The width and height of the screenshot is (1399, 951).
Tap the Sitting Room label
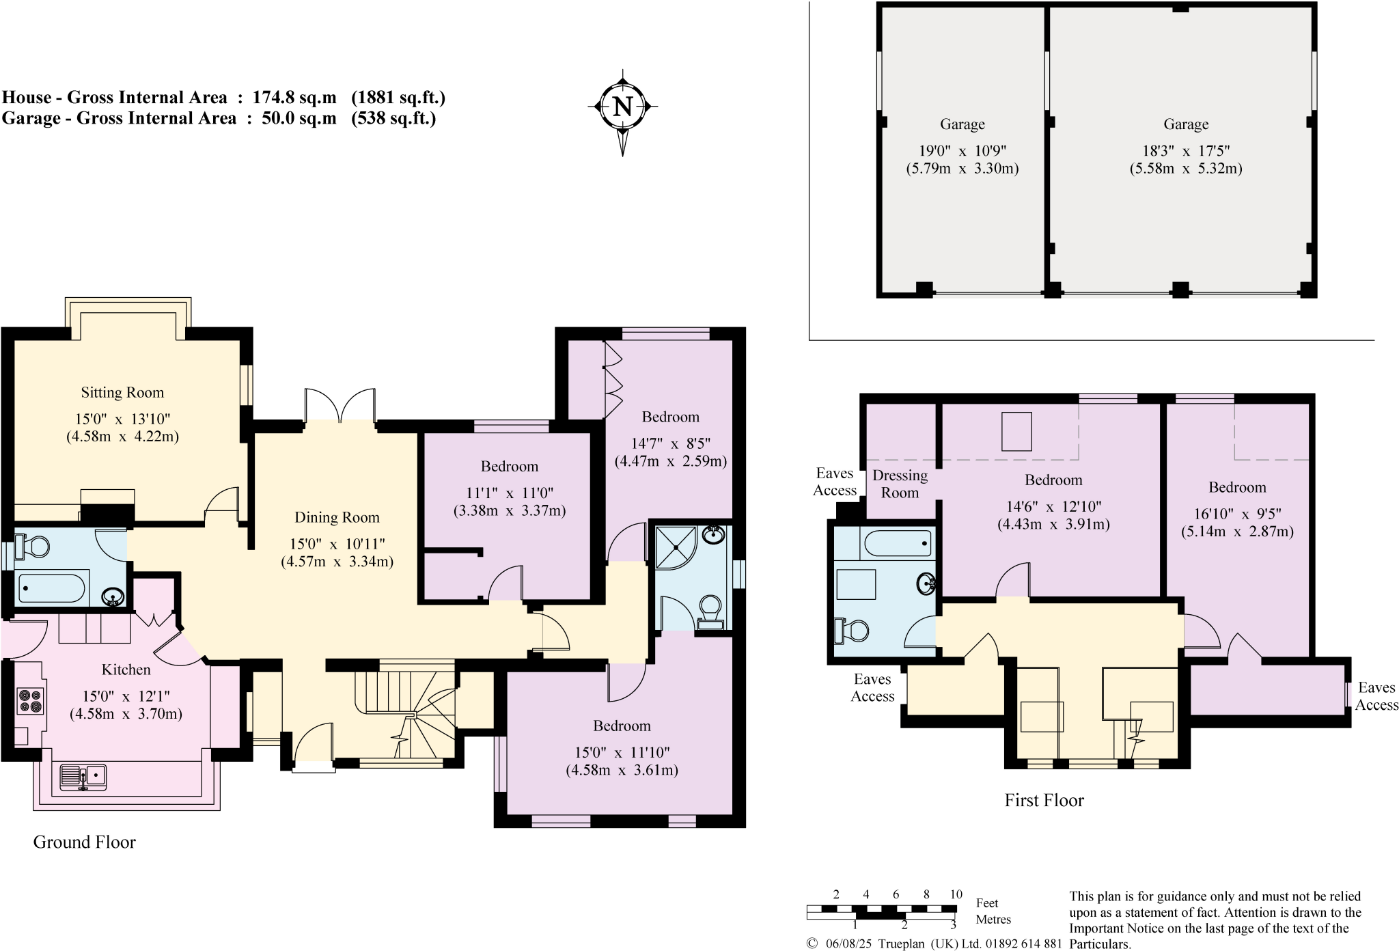coord(122,393)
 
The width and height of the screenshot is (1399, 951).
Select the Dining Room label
coord(337,518)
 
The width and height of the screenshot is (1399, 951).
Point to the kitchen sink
coord(83,776)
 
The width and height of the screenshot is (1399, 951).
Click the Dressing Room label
coord(900,484)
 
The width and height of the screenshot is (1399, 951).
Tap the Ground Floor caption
coord(85,842)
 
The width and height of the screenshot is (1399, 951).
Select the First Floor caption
coord(1044,801)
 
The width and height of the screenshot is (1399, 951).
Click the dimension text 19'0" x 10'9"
coord(962,151)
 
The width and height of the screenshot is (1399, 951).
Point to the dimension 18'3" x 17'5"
coord(1185,151)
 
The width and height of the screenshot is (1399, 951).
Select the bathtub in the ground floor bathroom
coord(52,587)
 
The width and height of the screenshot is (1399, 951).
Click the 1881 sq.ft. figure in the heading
coord(398,98)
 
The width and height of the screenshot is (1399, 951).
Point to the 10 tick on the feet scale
coord(956,894)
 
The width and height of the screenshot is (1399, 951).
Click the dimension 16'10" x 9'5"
coord(1237,514)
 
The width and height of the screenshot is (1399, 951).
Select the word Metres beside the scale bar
coord(993,920)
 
